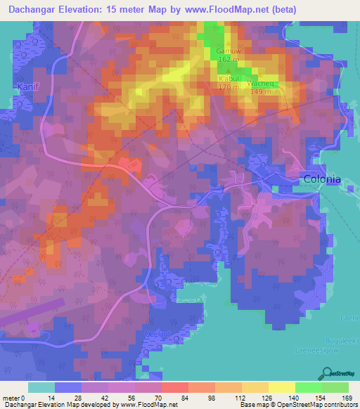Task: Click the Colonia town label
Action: click(322, 179)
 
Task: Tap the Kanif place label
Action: click(23, 86)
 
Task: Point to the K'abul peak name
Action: click(229, 79)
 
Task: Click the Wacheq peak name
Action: click(259, 83)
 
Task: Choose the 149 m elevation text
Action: click(259, 91)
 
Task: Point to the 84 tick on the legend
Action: click(184, 398)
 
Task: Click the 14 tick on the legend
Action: click(51, 398)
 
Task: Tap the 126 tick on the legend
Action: click(264, 398)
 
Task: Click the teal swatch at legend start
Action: click(41, 387)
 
